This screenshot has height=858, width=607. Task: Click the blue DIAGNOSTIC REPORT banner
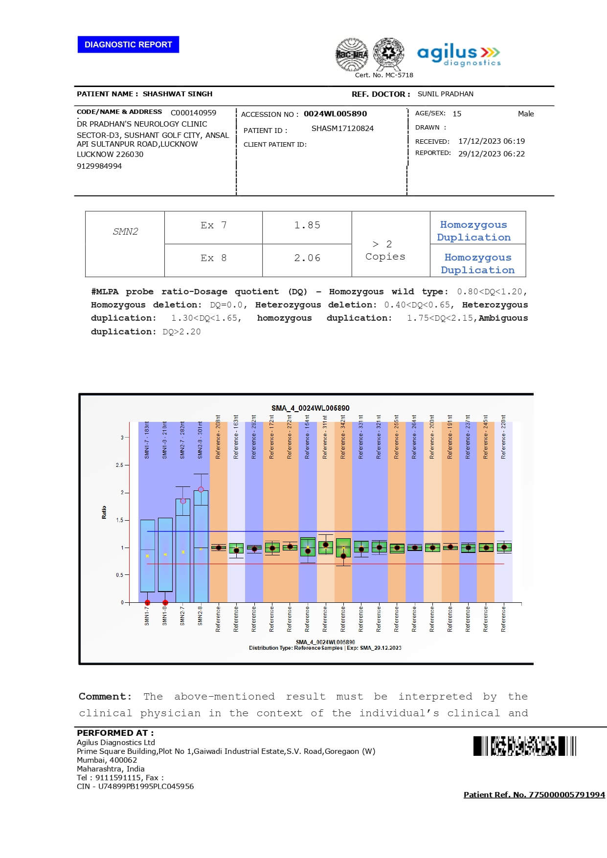128,44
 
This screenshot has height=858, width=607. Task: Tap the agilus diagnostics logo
458,55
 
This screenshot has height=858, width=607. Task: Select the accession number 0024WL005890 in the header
335,114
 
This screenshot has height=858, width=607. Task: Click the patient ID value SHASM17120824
342,129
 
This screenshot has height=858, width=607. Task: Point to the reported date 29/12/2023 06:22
491,154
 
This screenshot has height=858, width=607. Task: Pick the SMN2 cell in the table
125,232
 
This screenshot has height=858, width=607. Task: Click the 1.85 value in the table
307,225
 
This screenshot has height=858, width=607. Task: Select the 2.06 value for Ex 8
307,258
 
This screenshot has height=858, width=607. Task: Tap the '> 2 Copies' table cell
385,250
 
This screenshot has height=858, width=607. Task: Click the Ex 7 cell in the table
213,225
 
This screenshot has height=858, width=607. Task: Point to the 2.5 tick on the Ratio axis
119,465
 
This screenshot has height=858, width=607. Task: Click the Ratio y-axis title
104,512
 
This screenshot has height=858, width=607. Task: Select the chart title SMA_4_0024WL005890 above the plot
310,408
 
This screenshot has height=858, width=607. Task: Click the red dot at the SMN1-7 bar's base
147,603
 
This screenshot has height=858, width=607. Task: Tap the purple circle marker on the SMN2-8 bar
201,489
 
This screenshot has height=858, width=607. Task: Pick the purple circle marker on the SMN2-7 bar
183,501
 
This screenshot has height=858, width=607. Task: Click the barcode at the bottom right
524,746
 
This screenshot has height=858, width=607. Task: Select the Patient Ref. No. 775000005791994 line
534,794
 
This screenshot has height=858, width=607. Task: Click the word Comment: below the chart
105,696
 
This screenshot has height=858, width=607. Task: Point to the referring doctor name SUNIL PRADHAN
445,94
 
